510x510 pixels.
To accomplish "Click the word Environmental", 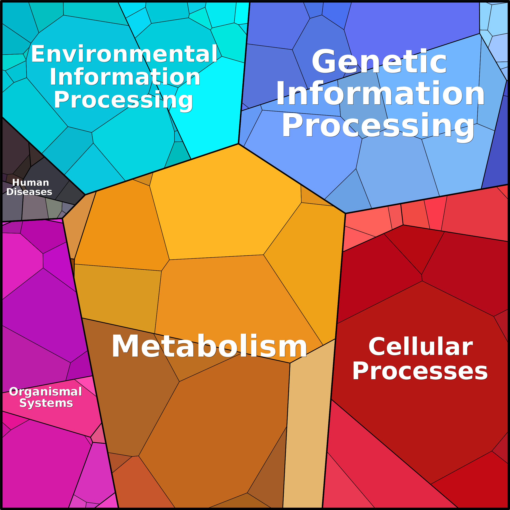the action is (x=124, y=54).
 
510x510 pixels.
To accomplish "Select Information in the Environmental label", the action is (x=125, y=77).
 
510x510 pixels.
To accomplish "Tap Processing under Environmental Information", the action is (x=123, y=100).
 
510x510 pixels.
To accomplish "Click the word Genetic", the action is (x=379, y=62).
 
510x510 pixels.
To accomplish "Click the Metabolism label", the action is (x=209, y=346).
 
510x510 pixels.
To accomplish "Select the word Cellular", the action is (x=420, y=347).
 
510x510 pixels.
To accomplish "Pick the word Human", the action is (x=31, y=182).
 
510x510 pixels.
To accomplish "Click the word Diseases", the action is (x=29, y=192).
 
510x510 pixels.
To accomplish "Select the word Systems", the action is (x=46, y=403).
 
